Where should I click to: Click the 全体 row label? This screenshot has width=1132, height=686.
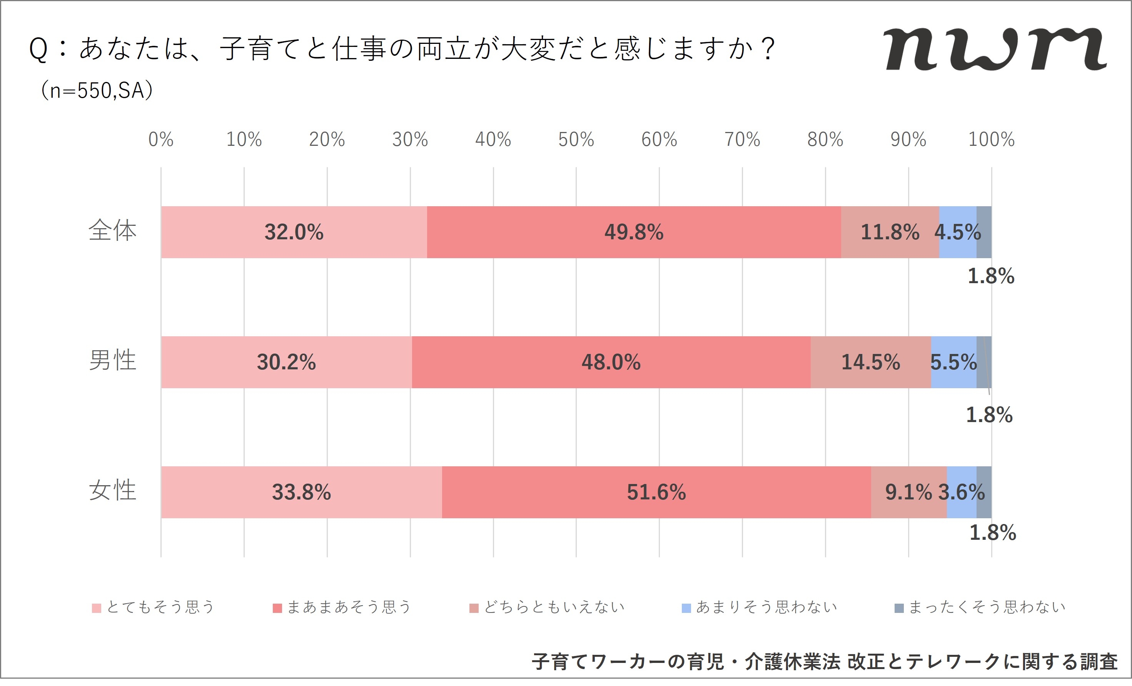(113, 231)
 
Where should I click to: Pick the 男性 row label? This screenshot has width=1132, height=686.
(113, 361)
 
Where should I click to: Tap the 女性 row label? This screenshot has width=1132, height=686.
(113, 491)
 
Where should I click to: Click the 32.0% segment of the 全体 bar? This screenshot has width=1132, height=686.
(294, 232)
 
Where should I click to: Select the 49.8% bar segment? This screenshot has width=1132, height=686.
(634, 232)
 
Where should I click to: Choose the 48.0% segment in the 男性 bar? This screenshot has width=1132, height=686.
(611, 362)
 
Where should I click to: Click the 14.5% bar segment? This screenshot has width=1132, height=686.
(871, 362)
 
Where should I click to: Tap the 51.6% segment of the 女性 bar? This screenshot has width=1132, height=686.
(656, 492)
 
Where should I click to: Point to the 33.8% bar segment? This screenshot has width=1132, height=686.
(301, 492)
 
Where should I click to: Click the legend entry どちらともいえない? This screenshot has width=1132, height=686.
(547, 608)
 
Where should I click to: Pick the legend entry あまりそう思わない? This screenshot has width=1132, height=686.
(760, 608)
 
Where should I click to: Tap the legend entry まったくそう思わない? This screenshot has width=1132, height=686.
(980, 608)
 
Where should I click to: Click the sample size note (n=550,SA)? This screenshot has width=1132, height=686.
(97, 90)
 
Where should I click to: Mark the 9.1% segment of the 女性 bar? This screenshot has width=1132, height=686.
(908, 492)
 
